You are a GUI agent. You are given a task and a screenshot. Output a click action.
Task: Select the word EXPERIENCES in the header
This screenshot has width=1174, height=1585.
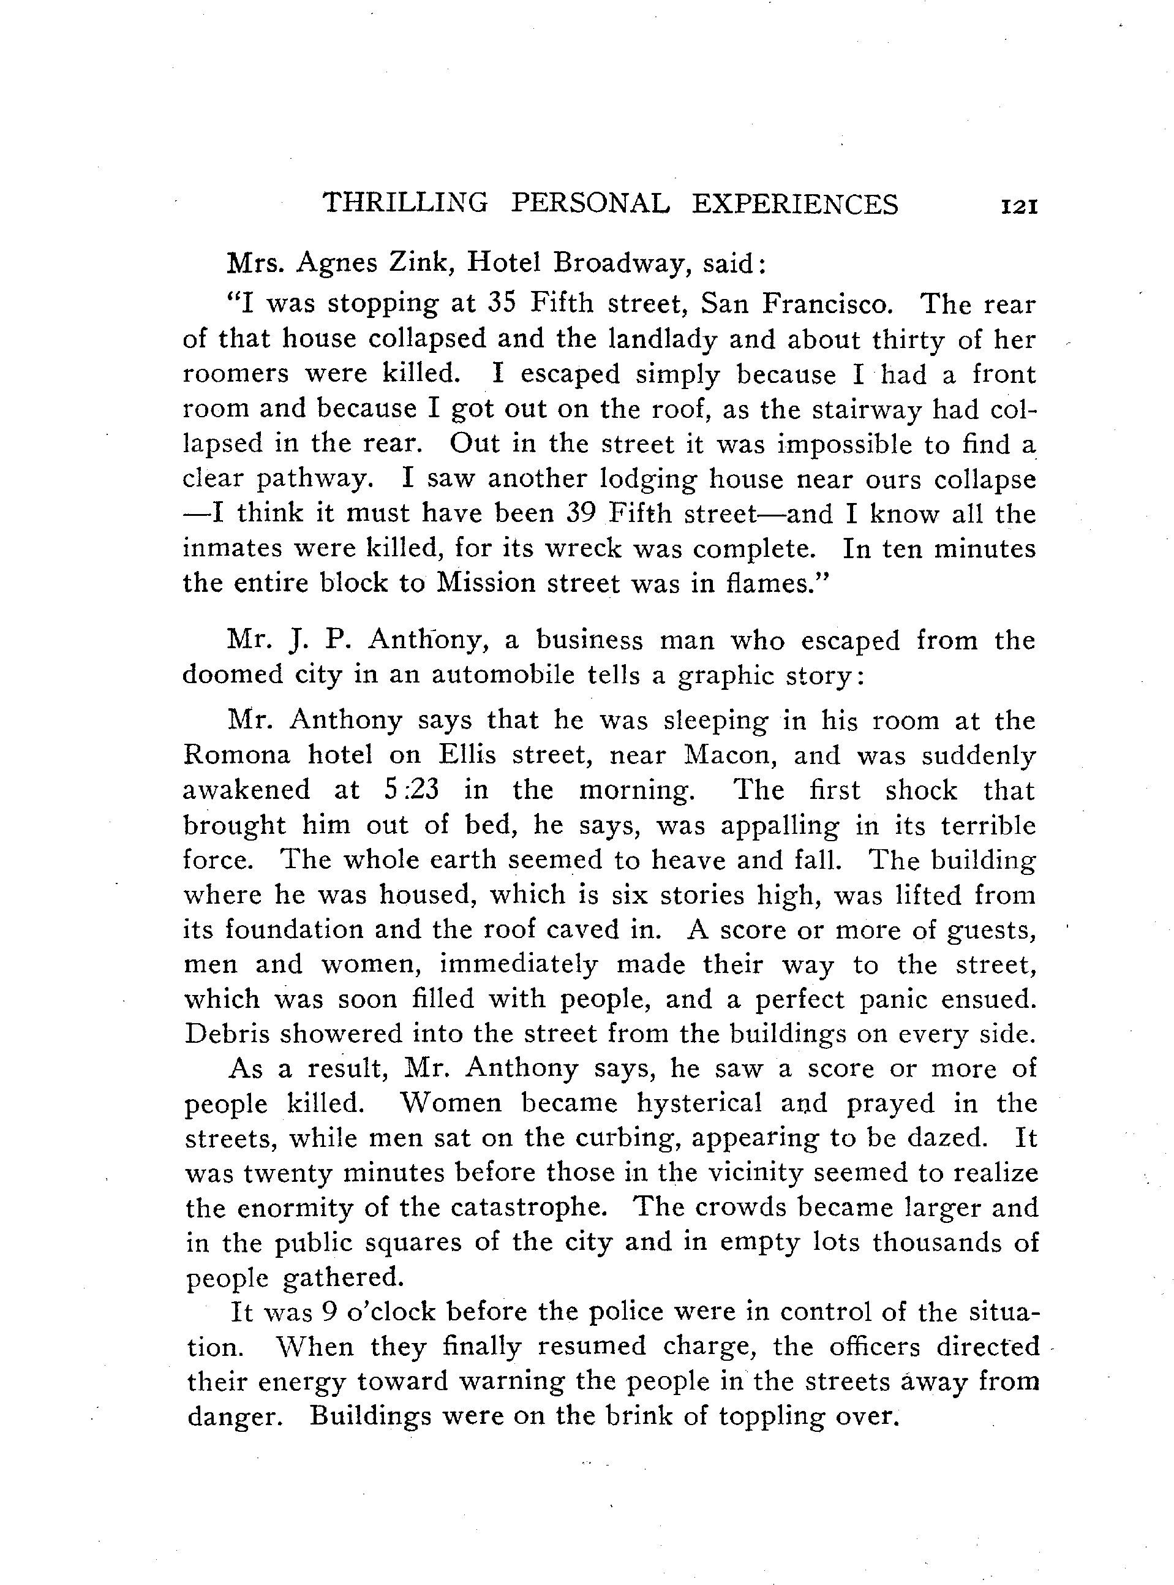(x=796, y=204)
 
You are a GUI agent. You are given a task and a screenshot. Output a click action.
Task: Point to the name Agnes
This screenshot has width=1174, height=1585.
(x=337, y=265)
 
